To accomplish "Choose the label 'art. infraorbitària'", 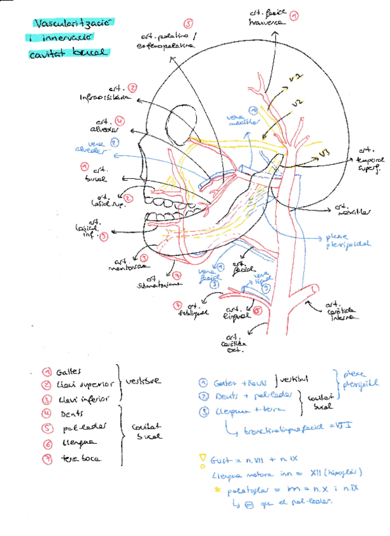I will [x=106, y=94].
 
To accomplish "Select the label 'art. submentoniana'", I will [x=154, y=282].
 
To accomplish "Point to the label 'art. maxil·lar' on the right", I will [x=351, y=209].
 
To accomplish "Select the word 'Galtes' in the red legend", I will [x=69, y=372].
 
